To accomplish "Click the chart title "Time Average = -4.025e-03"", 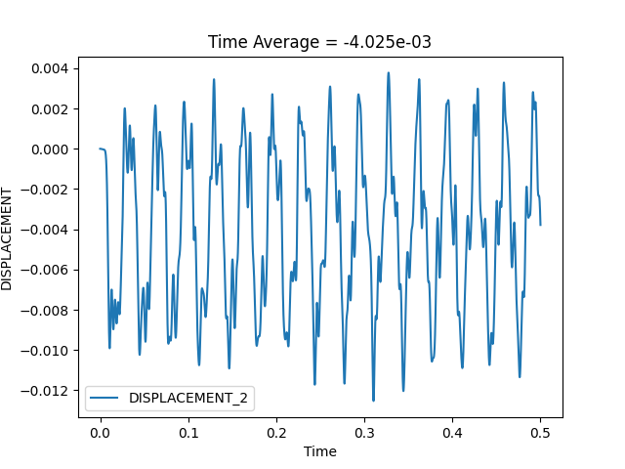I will [x=320, y=42].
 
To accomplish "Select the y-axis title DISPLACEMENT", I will [x=7, y=237].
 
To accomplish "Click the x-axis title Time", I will [x=320, y=451].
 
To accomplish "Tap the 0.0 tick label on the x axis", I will [x=100, y=432].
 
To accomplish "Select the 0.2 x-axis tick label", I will [x=276, y=432].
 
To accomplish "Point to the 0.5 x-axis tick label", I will [x=541, y=432].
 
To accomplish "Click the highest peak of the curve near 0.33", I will [x=388, y=72].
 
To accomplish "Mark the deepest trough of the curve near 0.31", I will [x=373, y=400].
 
